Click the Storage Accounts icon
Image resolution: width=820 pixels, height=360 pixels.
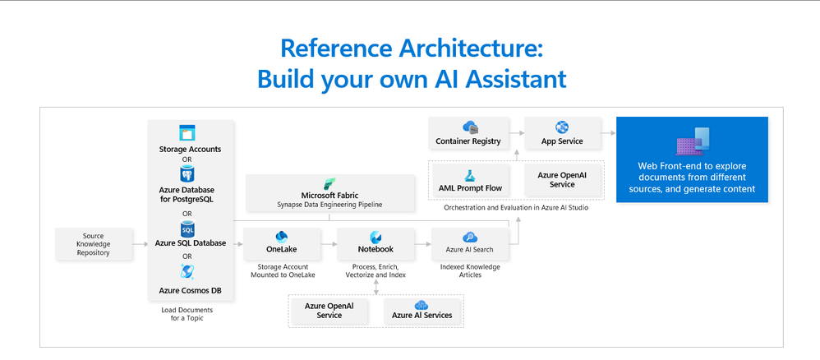click(x=187, y=133)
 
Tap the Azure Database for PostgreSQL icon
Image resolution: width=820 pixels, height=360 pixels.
click(x=187, y=173)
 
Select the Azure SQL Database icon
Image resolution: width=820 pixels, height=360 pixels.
click(x=187, y=228)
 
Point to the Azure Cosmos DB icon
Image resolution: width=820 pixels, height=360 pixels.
click(x=187, y=271)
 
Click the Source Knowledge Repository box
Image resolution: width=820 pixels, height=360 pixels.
click(x=94, y=244)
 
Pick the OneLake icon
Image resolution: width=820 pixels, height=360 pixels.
click(x=282, y=237)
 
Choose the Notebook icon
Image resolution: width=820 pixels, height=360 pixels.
click(x=375, y=237)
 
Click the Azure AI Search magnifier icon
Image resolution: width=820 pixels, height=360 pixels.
click(x=470, y=238)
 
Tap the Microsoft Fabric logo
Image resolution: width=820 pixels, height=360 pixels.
click(x=329, y=184)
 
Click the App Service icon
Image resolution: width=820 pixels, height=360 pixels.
click(x=562, y=127)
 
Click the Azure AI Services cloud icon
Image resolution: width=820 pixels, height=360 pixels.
click(x=422, y=305)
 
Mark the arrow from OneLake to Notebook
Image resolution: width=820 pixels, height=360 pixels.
click(x=329, y=244)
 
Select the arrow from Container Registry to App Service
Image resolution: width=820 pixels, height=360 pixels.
click(x=516, y=133)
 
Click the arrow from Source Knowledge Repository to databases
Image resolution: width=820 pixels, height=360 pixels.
click(x=141, y=244)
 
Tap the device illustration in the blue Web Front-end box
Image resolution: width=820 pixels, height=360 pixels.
click(x=692, y=141)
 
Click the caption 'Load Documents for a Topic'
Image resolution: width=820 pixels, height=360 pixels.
click(x=187, y=314)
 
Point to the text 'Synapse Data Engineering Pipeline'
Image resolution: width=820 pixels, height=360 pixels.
click(x=329, y=205)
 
